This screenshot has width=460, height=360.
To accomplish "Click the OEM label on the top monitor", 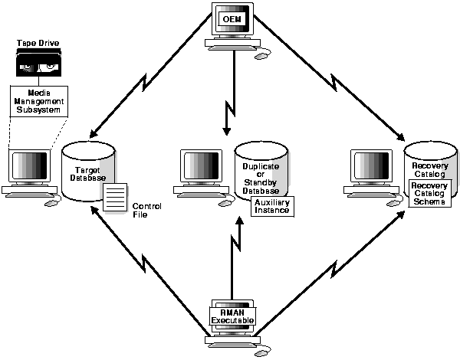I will (x=230, y=18).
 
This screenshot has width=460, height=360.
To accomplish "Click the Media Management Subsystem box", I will (x=39, y=100).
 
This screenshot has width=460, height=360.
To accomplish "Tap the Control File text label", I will (x=146, y=211).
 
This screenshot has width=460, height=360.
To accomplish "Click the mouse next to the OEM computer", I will (x=261, y=55).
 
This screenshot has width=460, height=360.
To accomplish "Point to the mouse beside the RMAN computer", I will (x=261, y=352).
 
